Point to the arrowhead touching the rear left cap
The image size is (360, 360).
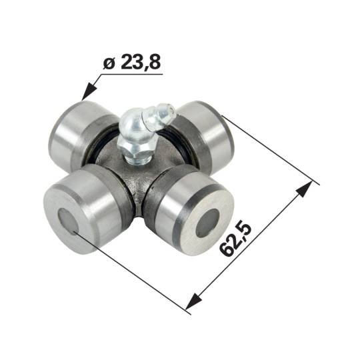click(x=85, y=94)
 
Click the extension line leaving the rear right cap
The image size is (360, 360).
click(x=267, y=150)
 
